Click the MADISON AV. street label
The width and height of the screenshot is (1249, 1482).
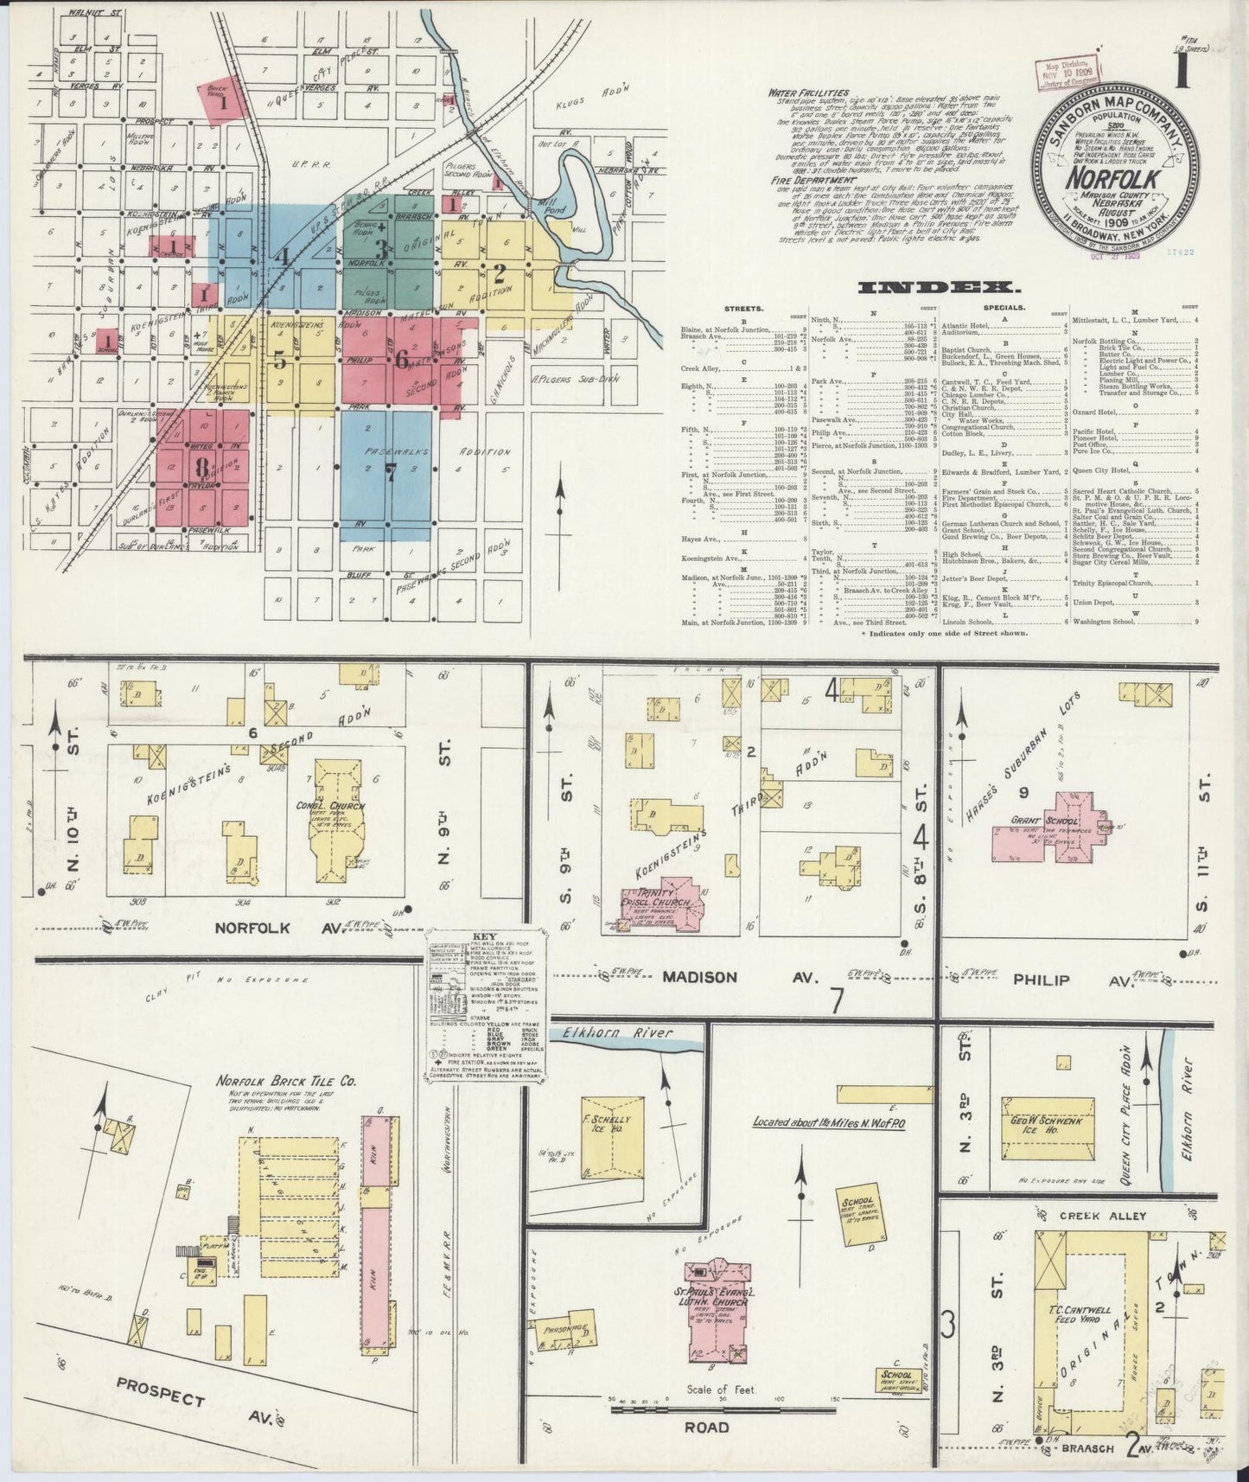pyautogui.click(x=711, y=977)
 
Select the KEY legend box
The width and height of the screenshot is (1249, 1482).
pyautogui.click(x=481, y=1007)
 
